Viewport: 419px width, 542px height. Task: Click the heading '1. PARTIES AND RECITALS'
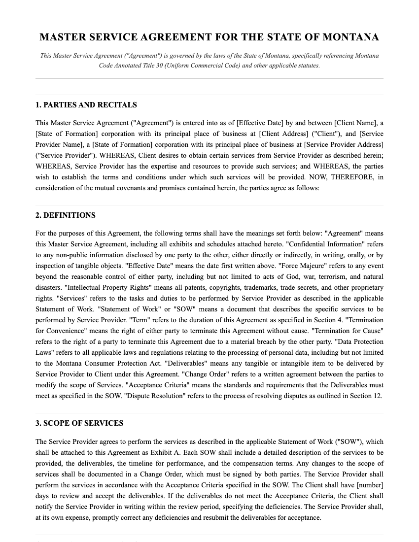[86, 105]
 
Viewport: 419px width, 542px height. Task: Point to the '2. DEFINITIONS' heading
[66, 215]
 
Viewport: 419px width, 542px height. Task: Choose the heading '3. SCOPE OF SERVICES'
[79, 423]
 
